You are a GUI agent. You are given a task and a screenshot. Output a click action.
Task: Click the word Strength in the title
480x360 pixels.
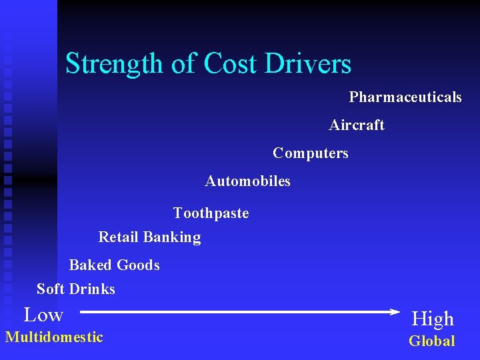point(114,64)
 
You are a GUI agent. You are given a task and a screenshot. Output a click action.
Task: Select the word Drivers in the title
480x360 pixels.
point(307,64)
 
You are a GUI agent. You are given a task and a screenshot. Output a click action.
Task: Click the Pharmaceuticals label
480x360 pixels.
point(405,97)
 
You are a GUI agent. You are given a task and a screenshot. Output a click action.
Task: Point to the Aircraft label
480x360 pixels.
point(357,125)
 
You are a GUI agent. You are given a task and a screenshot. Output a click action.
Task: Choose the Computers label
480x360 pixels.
point(311,153)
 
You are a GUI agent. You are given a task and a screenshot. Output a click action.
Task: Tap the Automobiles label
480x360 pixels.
point(248,181)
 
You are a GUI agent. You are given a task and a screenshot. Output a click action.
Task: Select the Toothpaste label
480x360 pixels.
point(211,213)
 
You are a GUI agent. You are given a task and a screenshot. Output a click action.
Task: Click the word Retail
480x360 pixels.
point(119,237)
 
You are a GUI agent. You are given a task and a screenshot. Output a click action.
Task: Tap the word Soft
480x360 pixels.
point(51,289)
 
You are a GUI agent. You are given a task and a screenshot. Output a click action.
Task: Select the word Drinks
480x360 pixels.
point(92,289)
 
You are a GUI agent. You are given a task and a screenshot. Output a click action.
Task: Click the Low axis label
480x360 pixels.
point(43,315)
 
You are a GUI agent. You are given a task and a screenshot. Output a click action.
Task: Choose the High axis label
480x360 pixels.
point(433,319)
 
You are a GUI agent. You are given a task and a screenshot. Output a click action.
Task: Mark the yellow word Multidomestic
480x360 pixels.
point(54,337)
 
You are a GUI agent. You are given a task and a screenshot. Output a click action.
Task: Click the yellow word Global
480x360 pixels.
point(432,341)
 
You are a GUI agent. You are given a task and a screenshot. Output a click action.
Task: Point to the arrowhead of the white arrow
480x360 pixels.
point(393,311)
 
